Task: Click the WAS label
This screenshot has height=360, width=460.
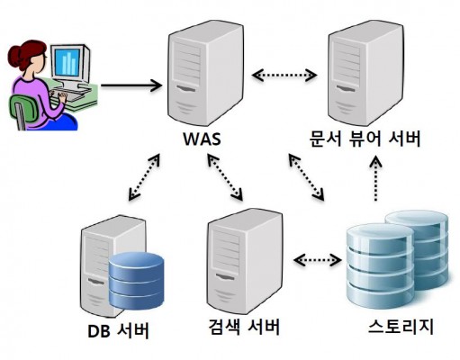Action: (x=202, y=139)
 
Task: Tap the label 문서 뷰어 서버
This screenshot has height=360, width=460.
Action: (x=365, y=139)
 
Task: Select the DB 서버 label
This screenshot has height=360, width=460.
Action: (x=118, y=331)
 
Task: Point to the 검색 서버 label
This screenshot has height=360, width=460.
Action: (x=244, y=327)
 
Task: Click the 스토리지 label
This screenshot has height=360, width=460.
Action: (x=401, y=327)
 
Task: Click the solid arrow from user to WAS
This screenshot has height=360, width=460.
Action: (x=131, y=85)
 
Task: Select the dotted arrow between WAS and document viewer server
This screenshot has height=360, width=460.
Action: (x=284, y=75)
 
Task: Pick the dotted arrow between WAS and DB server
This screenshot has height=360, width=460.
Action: (x=144, y=177)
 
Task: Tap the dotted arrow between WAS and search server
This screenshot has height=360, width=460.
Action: (x=225, y=176)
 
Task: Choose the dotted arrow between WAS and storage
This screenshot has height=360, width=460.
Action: (x=306, y=176)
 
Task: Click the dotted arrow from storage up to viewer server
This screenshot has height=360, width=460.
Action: (x=375, y=178)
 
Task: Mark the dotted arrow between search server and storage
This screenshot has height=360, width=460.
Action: (x=318, y=260)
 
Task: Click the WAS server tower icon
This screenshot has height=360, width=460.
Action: (x=205, y=73)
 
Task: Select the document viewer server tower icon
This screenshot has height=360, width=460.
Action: (x=365, y=73)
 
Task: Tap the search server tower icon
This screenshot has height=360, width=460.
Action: (x=245, y=261)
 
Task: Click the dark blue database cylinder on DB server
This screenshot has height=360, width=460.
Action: (x=136, y=281)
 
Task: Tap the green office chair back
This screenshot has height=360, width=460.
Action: (x=23, y=111)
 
